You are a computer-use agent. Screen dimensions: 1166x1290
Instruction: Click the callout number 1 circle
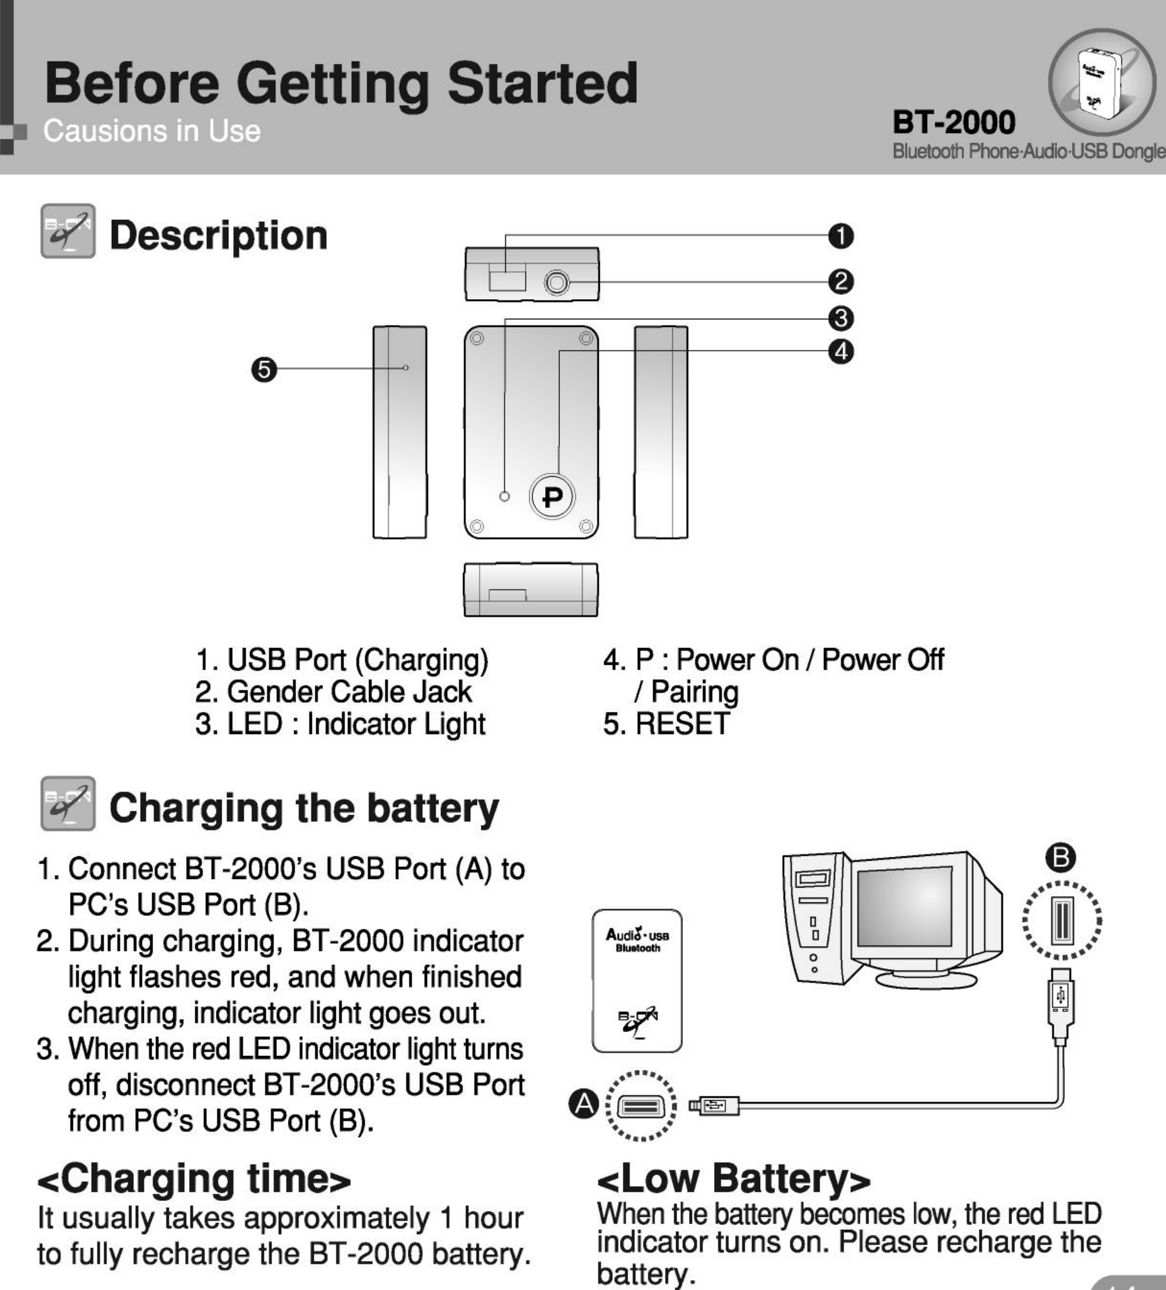pos(841,236)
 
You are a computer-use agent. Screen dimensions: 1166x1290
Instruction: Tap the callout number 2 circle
pos(841,281)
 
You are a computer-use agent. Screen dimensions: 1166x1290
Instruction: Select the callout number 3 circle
pos(841,318)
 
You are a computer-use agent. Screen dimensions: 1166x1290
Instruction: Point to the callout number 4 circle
pos(841,351)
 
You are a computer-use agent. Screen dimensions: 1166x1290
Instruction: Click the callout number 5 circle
pos(264,369)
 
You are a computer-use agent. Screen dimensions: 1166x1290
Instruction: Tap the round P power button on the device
pos(553,496)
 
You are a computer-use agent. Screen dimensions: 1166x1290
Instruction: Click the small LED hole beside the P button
pos(505,496)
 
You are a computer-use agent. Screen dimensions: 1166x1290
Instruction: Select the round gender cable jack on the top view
pos(556,282)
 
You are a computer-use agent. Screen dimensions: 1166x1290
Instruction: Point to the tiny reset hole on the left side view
pos(405,368)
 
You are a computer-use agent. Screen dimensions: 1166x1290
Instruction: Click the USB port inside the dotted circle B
pos(1062,920)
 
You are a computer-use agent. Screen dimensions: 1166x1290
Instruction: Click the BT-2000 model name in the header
pos(954,122)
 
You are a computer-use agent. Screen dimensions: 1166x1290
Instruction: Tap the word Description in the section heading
pos(219,235)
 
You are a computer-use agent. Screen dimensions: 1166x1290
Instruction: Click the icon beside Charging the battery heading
pos(68,803)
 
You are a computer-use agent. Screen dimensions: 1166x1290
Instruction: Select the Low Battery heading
pos(734,1178)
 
